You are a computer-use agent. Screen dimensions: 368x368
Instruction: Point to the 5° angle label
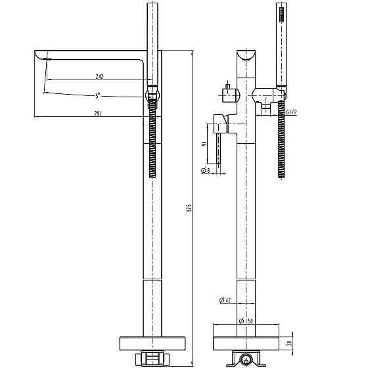(97, 96)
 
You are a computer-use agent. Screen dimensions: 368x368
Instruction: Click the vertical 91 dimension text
(204, 144)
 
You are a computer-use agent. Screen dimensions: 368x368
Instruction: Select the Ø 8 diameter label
(206, 170)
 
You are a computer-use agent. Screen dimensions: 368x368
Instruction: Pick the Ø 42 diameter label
(224, 301)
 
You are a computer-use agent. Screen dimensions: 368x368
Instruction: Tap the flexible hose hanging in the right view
(281, 141)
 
